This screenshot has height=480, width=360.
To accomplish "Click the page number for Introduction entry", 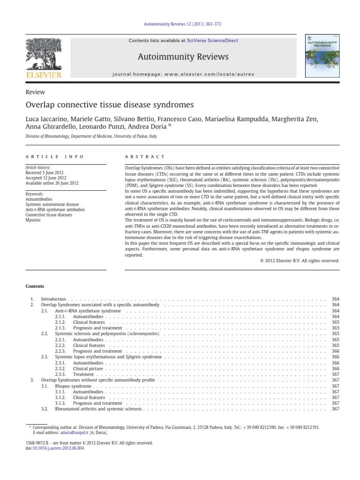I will [x=335, y=299].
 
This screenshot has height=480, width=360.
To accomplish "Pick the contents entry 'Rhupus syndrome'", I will [x=73, y=386].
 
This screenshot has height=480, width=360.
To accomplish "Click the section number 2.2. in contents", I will [x=45, y=334].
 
